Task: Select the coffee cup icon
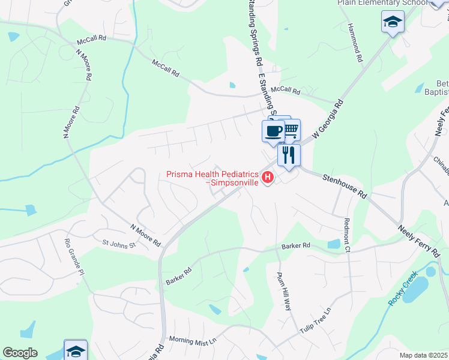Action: click(273, 130)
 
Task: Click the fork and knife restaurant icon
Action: click(289, 155)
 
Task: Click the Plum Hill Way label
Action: click(283, 291)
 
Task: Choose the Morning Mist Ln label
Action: click(192, 340)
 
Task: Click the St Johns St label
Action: click(119, 244)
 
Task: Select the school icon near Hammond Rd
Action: click(393, 23)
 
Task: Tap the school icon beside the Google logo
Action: click(76, 350)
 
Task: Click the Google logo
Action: click(20, 353)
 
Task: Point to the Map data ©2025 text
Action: click(423, 355)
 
